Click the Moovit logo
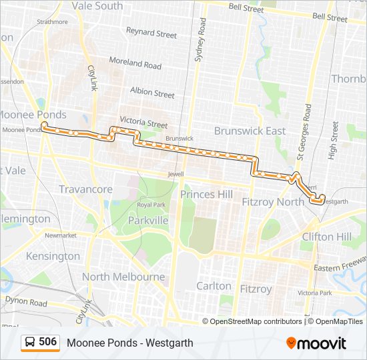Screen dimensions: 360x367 tap(316, 343)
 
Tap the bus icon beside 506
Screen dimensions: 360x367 tap(30, 343)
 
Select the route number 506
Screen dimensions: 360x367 tap(47, 342)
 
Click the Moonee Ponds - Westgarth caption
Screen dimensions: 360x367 tap(129, 343)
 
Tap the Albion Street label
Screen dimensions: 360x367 tap(152, 93)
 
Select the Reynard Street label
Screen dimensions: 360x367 tap(151, 33)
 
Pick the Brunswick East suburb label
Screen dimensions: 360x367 tap(250, 131)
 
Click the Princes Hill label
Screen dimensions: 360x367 tap(206, 194)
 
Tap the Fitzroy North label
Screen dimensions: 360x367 tap(272, 201)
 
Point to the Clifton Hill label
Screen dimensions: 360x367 tap(326, 237)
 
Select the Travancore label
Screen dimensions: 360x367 tap(85, 189)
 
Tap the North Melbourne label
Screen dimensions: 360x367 tap(123, 277)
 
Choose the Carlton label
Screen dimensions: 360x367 tap(214, 286)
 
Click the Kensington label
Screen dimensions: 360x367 tap(53, 256)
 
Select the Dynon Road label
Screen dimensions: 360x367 tap(26, 302)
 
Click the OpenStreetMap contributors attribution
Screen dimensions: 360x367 tap(256, 321)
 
